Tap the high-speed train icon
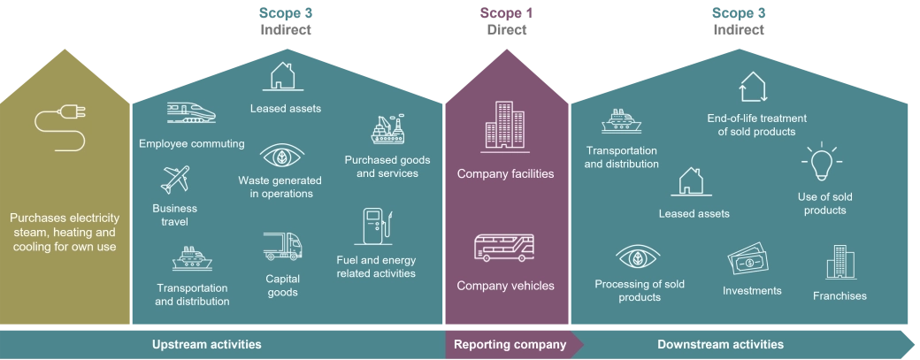point(190,112)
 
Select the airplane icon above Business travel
point(175,179)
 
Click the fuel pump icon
point(375,227)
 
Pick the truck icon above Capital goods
point(282,247)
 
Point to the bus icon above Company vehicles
point(505,248)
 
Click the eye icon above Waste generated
point(280,157)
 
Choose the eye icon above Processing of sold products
point(638,258)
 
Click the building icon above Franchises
point(839,262)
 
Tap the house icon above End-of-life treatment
point(753,87)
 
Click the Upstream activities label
point(207,344)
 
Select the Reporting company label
point(509,344)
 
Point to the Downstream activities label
point(720,344)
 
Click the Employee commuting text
point(191,143)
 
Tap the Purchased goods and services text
point(387,166)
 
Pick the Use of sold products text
point(824,203)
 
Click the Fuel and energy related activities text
point(376,266)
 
